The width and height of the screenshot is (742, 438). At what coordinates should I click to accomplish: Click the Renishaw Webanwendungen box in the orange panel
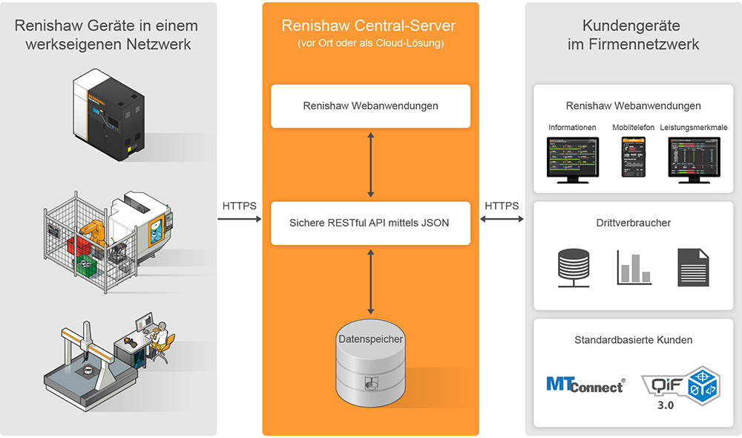pyautogui.click(x=370, y=105)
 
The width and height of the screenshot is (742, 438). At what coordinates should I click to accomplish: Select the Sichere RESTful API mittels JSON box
pyautogui.click(x=370, y=223)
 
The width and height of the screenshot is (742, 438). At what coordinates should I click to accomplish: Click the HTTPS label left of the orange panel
pyautogui.click(x=240, y=206)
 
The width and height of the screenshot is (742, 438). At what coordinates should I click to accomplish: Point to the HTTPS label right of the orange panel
pyautogui.click(x=502, y=206)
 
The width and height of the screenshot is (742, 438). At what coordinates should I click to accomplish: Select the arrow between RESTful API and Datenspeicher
pyautogui.click(x=370, y=281)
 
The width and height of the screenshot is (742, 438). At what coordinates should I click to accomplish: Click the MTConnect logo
pyautogui.click(x=585, y=384)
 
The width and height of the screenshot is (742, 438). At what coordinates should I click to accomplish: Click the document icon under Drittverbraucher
pyautogui.click(x=692, y=267)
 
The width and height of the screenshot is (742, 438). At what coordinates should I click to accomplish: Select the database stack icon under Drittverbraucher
pyautogui.click(x=573, y=268)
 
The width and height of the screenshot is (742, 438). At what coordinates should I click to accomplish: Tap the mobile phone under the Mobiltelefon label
pyautogui.click(x=633, y=157)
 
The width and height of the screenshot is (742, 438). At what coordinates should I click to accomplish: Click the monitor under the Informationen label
pyautogui.click(x=572, y=158)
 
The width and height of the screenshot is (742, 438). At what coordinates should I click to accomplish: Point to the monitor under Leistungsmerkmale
pyautogui.click(x=695, y=158)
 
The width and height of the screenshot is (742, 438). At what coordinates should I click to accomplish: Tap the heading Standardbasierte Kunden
pyautogui.click(x=633, y=340)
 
